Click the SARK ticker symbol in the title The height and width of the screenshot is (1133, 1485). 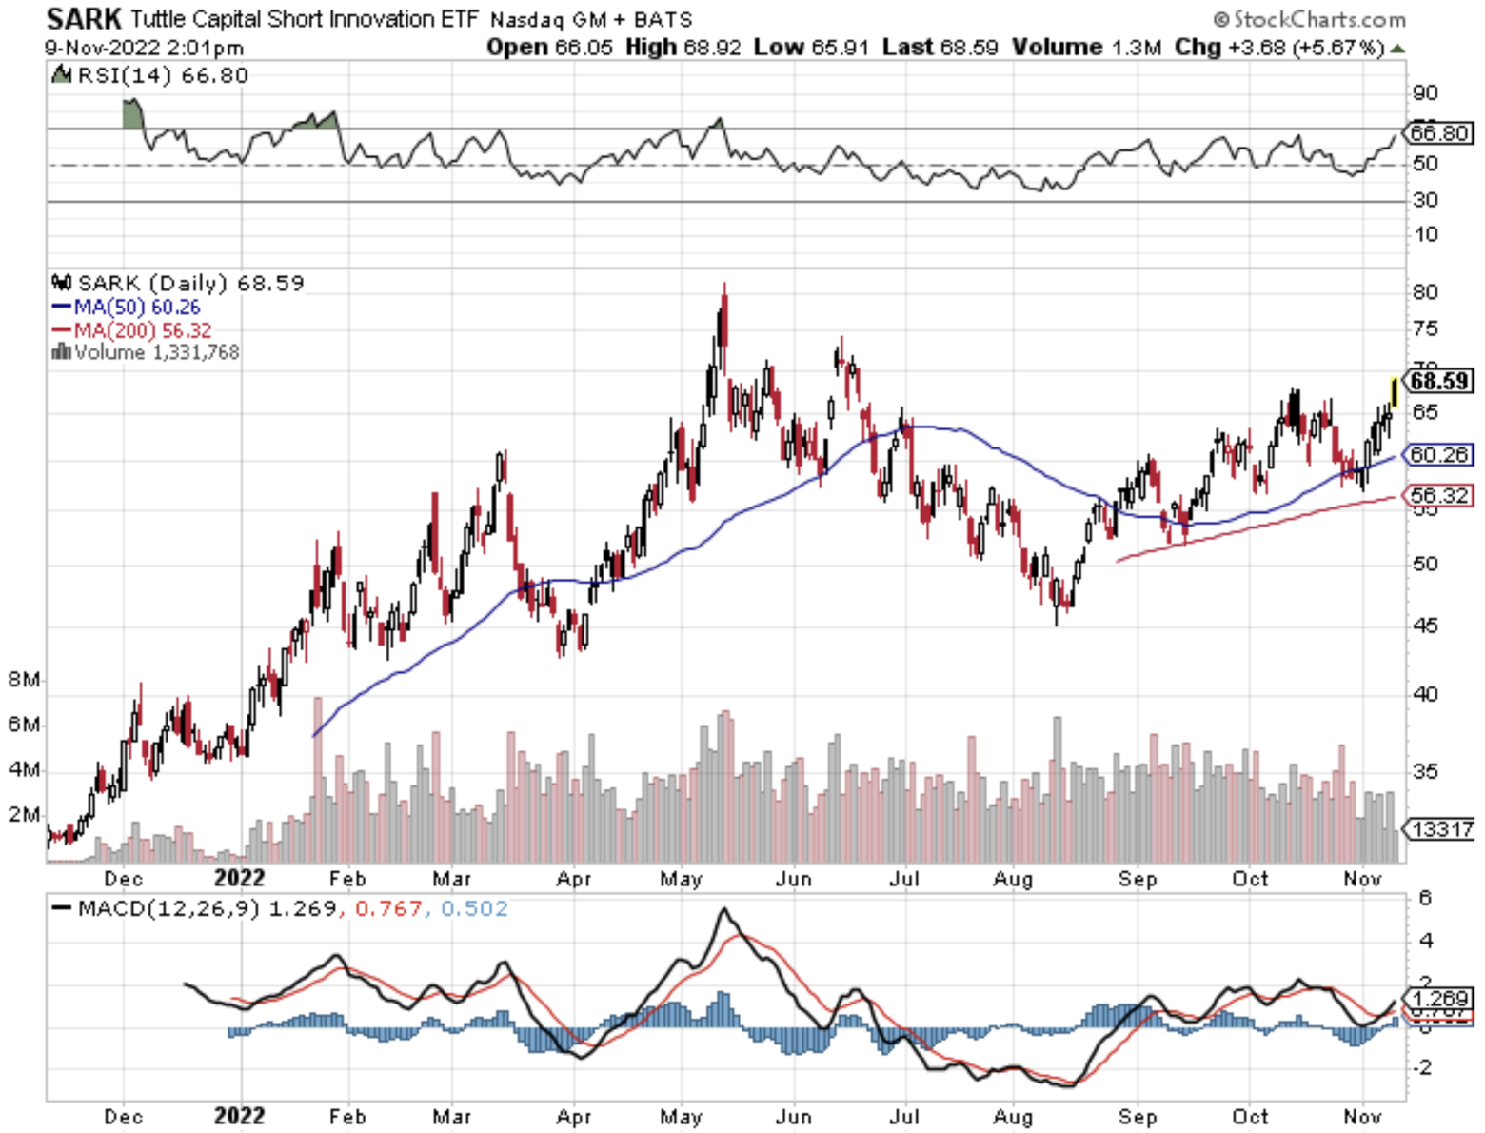tap(84, 18)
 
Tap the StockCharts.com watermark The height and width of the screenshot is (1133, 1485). tap(1310, 19)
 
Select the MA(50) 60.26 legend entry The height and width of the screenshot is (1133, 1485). tap(128, 307)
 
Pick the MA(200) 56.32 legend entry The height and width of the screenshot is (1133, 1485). tap(132, 330)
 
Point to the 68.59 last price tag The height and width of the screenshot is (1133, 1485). tap(1439, 381)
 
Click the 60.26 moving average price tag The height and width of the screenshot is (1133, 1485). tap(1438, 455)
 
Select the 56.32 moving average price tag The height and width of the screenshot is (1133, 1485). tap(1438, 495)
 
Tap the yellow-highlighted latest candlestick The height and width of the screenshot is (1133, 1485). tap(1395, 391)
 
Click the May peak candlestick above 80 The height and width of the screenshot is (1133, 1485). tap(724, 319)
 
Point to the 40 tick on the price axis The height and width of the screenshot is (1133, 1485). tap(1425, 694)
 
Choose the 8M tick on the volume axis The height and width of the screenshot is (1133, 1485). tap(24, 679)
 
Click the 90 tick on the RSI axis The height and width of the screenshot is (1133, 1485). tap(1425, 92)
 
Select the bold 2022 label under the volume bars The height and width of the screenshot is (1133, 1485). tap(239, 878)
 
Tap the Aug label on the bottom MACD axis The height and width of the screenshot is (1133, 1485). tap(1012, 1116)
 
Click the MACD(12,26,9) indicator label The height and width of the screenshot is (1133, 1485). tap(168, 908)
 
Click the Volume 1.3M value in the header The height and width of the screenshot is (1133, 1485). tap(1086, 47)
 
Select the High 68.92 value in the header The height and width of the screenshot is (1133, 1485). tap(683, 47)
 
